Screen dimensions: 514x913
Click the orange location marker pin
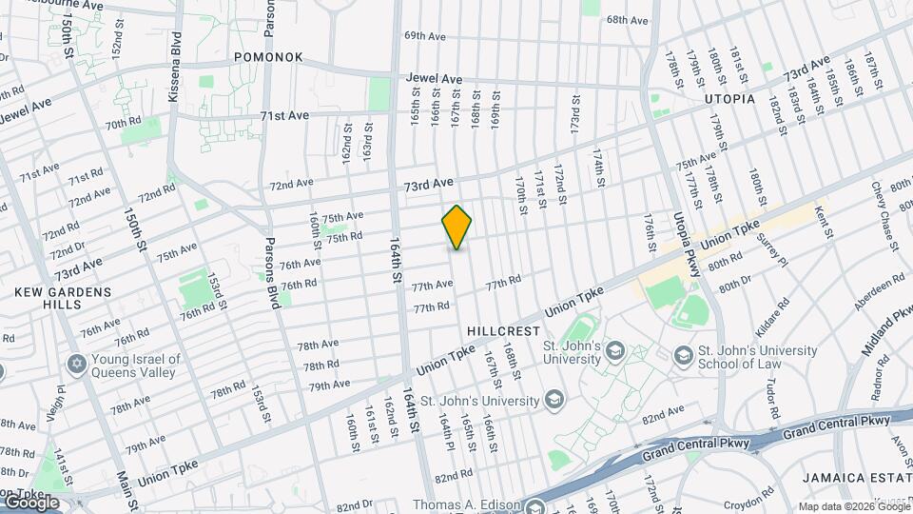456,227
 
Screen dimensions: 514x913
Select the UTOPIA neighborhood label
729,99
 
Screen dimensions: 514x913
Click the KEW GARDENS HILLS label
63,298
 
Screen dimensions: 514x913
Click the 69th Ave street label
425,36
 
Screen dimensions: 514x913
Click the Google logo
30,502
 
